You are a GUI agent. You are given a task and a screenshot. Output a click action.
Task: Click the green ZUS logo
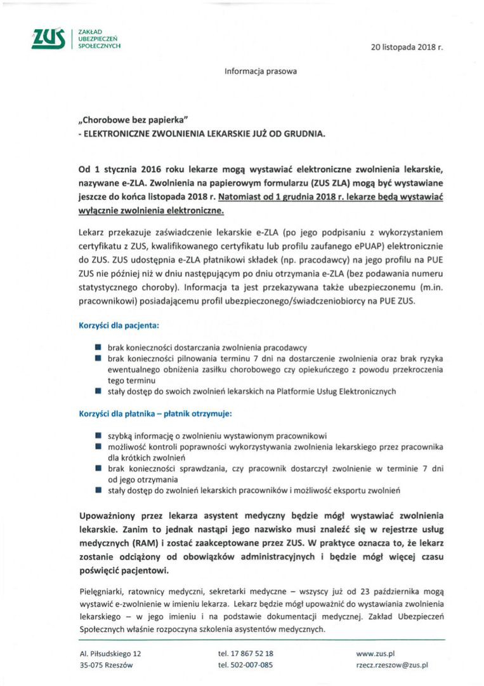coord(48,39)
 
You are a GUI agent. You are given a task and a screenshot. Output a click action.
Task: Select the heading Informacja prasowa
coord(260,71)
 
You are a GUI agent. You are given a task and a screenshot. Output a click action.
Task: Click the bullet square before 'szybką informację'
coord(98,436)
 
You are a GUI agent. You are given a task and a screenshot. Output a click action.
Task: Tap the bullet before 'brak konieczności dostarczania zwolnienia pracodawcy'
coord(98,347)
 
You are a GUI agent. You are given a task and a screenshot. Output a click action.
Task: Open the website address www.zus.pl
coord(376,653)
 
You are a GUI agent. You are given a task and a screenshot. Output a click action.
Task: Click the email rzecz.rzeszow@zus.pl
coord(392,665)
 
